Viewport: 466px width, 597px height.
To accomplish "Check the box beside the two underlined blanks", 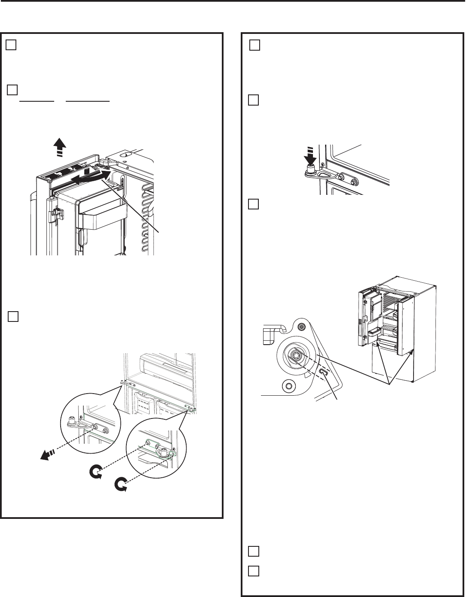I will click(x=13, y=90).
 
